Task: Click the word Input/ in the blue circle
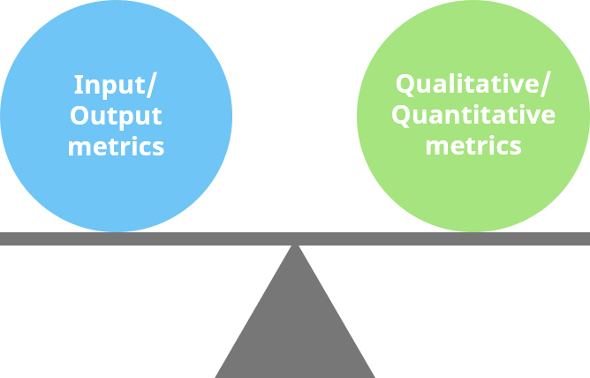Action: click(116, 86)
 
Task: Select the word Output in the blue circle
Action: click(116, 116)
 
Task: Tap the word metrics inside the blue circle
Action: click(116, 146)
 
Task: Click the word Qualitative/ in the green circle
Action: click(473, 85)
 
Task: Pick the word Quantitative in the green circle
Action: click(473, 116)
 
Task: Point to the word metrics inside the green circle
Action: click(473, 146)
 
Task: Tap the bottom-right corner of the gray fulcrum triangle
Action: click(374, 376)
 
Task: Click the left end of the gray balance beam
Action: click(3, 238)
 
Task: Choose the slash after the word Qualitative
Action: click(545, 86)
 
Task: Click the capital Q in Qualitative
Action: click(405, 85)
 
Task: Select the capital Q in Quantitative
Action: click(400, 116)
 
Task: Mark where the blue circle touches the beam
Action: click(116, 232)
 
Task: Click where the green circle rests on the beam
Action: click(473, 232)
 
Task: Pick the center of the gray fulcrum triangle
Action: click(295, 331)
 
